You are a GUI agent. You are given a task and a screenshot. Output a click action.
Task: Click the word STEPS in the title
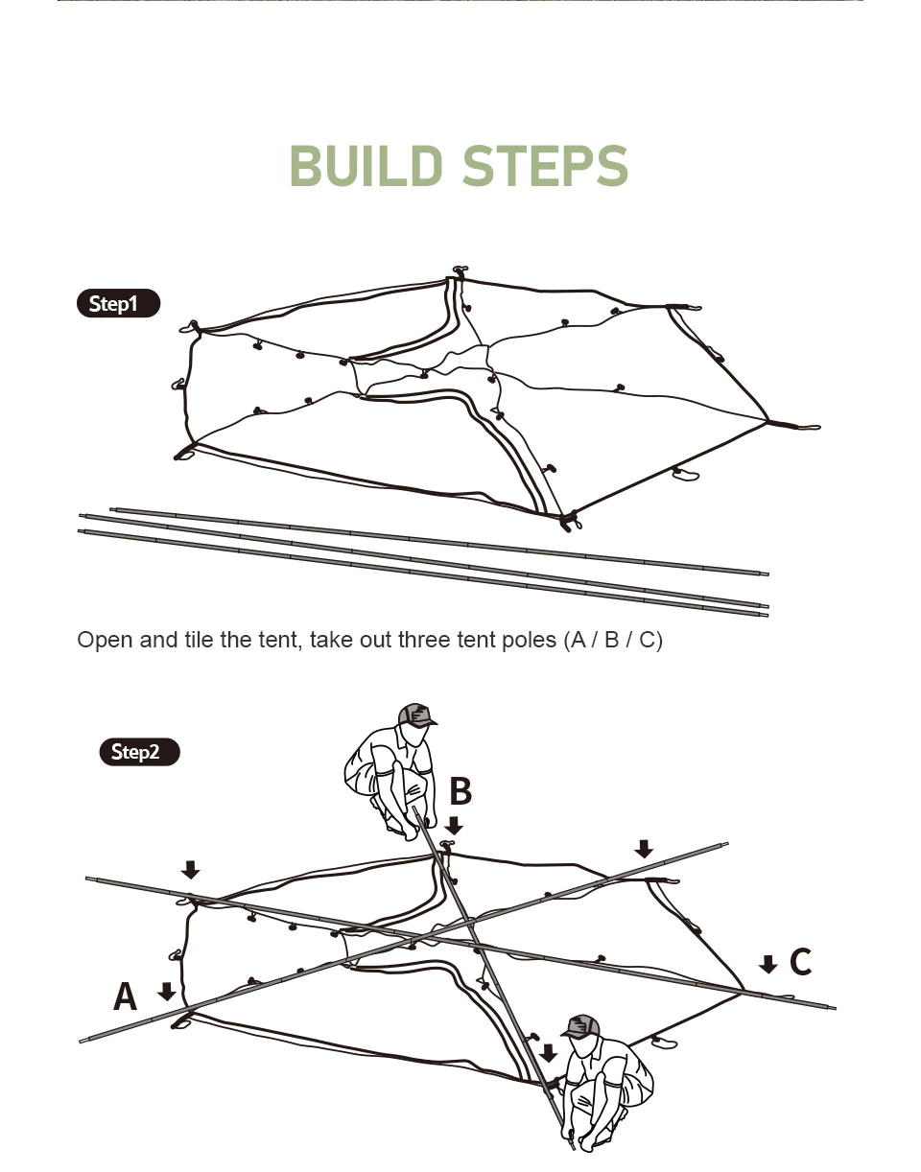point(545,167)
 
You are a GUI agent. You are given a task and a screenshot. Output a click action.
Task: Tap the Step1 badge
point(117,304)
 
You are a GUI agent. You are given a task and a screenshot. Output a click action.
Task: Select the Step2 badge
point(139,752)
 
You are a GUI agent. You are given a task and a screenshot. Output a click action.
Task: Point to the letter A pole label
point(125,997)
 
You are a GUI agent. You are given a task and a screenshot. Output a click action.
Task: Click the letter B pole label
point(460,792)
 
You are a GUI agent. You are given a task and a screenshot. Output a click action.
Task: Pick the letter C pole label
point(800,962)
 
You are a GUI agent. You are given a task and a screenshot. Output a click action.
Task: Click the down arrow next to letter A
point(167,991)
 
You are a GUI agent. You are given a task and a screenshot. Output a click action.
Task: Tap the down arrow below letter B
point(454,825)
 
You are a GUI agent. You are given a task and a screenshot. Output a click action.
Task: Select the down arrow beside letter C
point(767,964)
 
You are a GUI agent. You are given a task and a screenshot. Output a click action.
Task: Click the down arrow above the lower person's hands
point(548,1053)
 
